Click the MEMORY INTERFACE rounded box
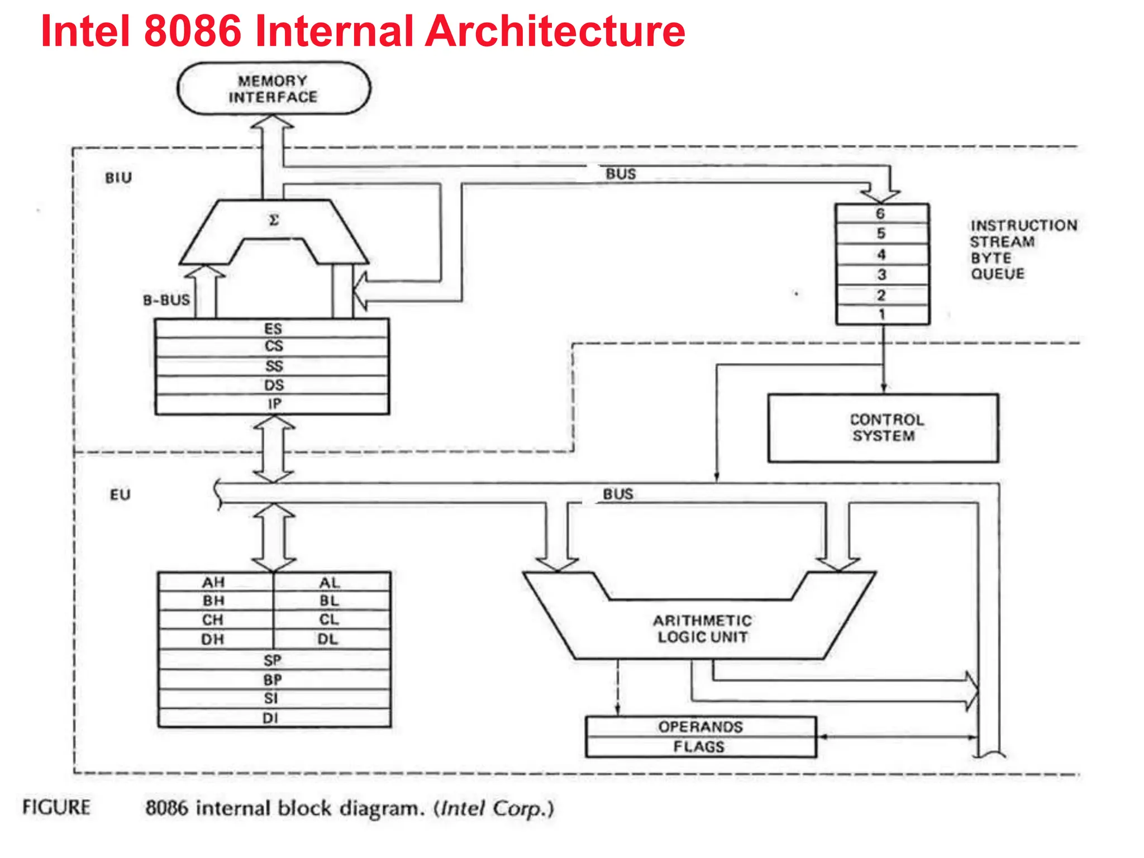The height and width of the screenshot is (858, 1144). point(273,89)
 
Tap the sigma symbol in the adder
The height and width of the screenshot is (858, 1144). point(274,220)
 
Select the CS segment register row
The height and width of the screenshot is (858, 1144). point(273,347)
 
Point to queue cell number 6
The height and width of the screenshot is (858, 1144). point(881,213)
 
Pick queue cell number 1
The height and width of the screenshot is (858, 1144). point(881,314)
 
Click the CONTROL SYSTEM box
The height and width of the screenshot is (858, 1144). point(883,428)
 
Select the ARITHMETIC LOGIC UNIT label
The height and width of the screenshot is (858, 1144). point(702,629)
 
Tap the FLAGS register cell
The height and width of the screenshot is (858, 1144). point(699,747)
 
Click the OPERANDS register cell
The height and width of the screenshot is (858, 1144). point(700,727)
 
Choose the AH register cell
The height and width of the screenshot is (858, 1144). point(214,583)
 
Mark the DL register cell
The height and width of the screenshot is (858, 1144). point(328,640)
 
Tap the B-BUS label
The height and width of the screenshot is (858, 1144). point(166,301)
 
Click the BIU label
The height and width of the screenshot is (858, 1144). point(119,178)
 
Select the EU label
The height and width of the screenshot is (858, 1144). point(120,495)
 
